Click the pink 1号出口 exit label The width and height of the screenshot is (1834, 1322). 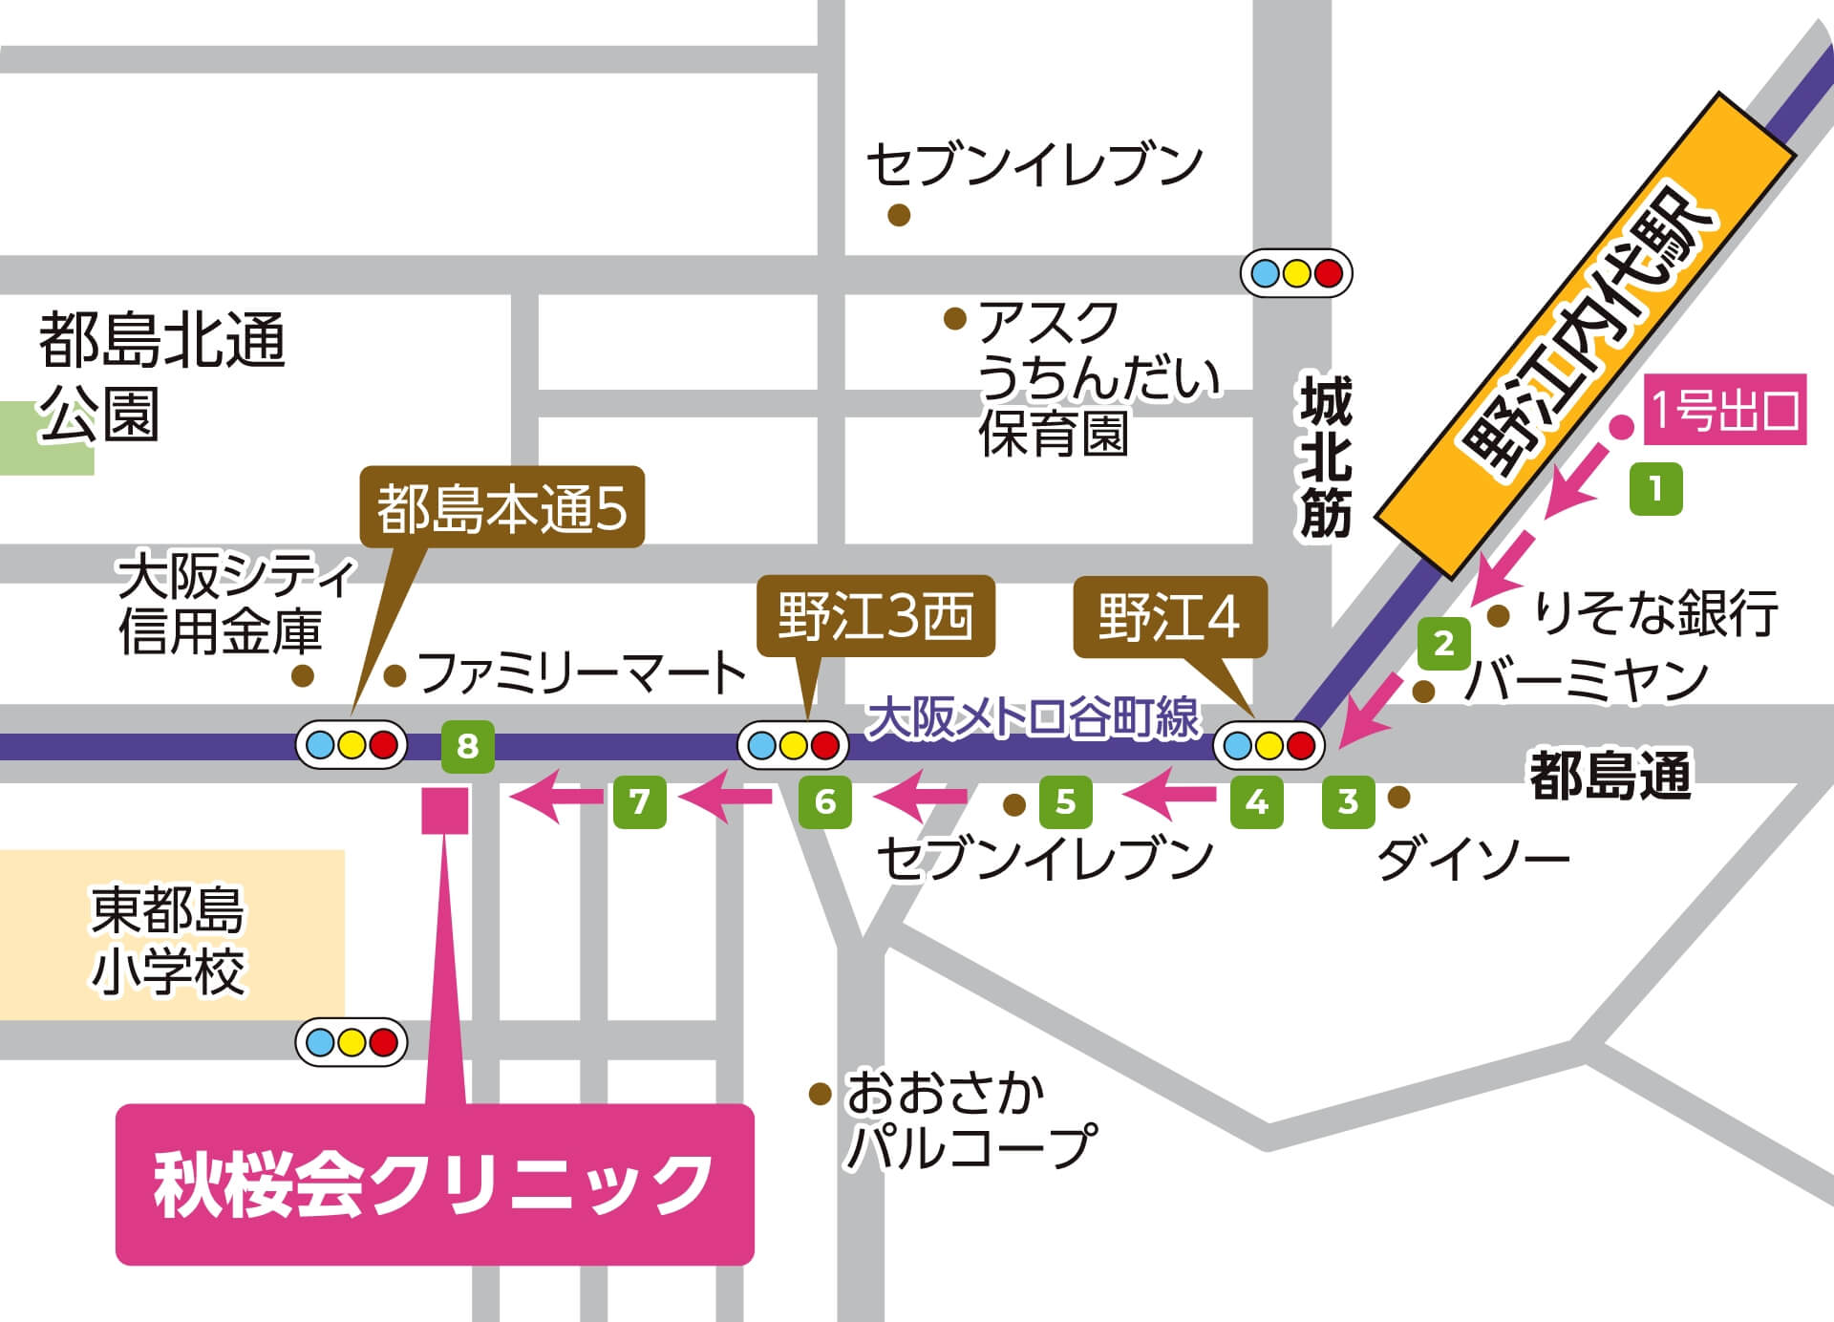pos(1724,410)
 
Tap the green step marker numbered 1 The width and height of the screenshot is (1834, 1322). pos(1655,489)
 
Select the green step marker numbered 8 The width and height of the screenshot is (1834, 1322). pos(467,745)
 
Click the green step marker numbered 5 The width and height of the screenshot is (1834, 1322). pos(1066,801)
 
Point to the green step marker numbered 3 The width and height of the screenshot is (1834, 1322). pos(1348,801)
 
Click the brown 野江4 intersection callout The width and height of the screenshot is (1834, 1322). pos(1169,617)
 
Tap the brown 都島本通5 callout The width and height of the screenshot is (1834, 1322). pos(501,508)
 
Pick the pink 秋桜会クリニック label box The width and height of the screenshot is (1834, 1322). pos(435,1184)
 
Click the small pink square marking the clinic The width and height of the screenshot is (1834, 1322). pos(445,810)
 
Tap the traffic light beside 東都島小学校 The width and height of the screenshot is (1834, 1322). pos(352,1041)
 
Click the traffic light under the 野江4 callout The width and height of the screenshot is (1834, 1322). pos(1269,745)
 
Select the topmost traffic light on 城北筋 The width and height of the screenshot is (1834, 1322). pos(1296,273)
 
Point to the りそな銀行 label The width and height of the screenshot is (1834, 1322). pos(1655,613)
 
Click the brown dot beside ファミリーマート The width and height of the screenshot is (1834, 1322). pos(395,676)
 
